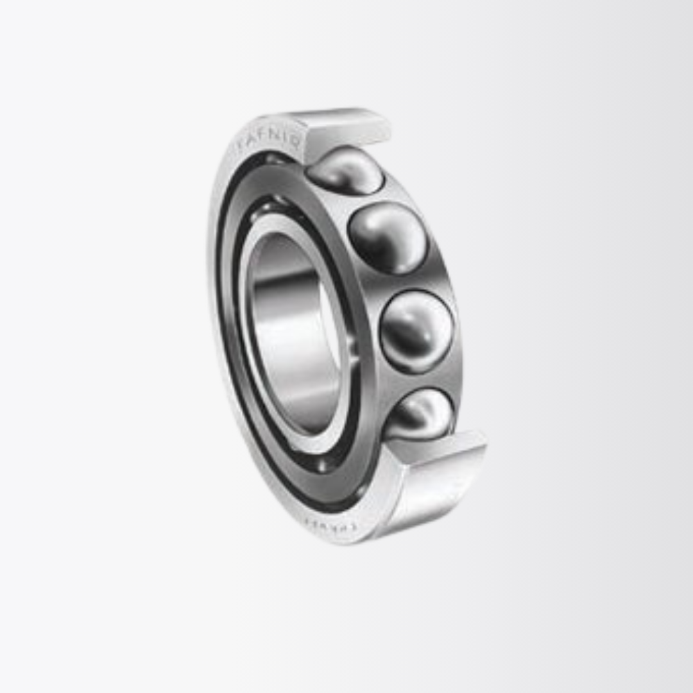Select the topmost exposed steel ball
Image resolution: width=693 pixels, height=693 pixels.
[x=345, y=170]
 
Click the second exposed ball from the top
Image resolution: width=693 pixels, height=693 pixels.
[x=387, y=238]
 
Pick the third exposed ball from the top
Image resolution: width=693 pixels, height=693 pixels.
[x=416, y=331]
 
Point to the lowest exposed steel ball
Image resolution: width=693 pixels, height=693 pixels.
[x=420, y=415]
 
